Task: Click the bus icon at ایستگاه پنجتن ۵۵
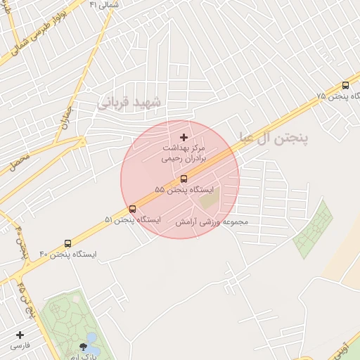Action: coord(184,179)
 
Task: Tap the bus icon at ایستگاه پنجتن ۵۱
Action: coord(132,209)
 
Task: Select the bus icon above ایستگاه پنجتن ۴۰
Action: coord(67,243)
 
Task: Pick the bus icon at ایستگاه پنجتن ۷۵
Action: coord(345,85)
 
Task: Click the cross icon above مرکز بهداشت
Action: coord(184,137)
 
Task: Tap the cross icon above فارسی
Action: coord(20,335)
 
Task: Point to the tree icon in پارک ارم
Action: coord(84,346)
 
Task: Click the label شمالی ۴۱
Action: coord(104,4)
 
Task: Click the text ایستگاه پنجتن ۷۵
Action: coord(332,96)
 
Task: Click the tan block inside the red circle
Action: coord(210,198)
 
